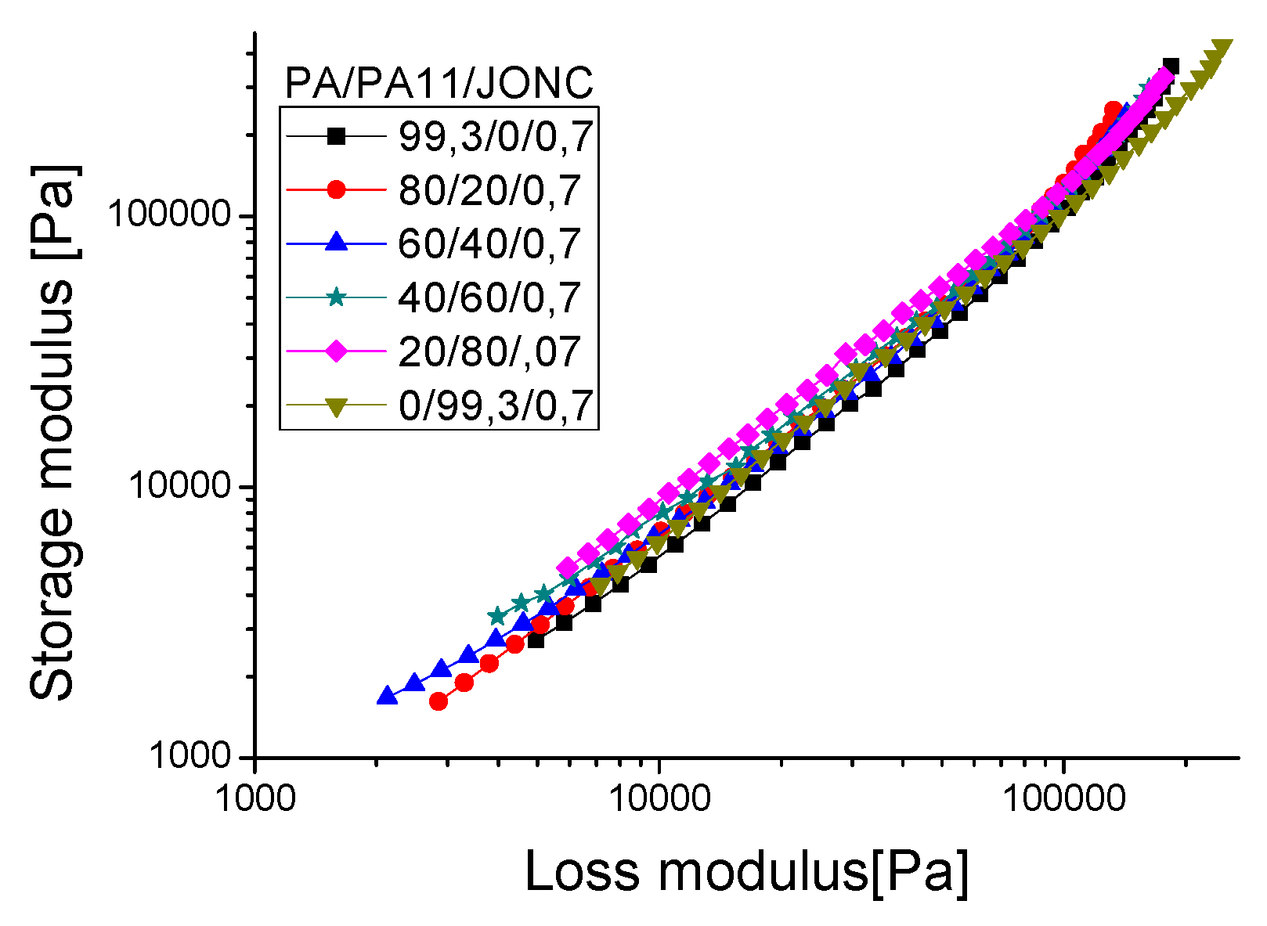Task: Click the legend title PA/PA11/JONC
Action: coord(439,83)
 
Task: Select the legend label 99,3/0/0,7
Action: coord(495,137)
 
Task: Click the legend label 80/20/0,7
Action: coord(489,190)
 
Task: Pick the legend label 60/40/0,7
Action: coord(489,243)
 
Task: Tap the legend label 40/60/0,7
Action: coord(489,297)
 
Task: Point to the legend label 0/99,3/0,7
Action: coord(495,405)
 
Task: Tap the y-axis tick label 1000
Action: coord(192,756)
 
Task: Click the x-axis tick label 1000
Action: coord(254,797)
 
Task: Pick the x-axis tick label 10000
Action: coord(659,797)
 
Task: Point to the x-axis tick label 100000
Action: coord(1062,797)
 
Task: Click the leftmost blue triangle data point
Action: coord(386,696)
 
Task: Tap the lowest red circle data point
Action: coord(439,701)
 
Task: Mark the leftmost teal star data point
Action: coord(496,616)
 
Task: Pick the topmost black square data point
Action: coord(1171,66)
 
